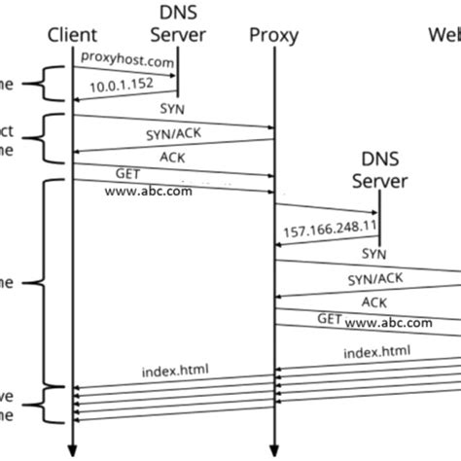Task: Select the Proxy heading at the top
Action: tap(273, 37)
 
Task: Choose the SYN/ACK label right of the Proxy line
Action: tap(373, 278)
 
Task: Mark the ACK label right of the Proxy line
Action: tap(373, 301)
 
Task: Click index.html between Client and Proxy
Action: tap(173, 371)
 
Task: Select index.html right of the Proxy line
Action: tap(376, 350)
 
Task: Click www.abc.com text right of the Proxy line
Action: tap(387, 322)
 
